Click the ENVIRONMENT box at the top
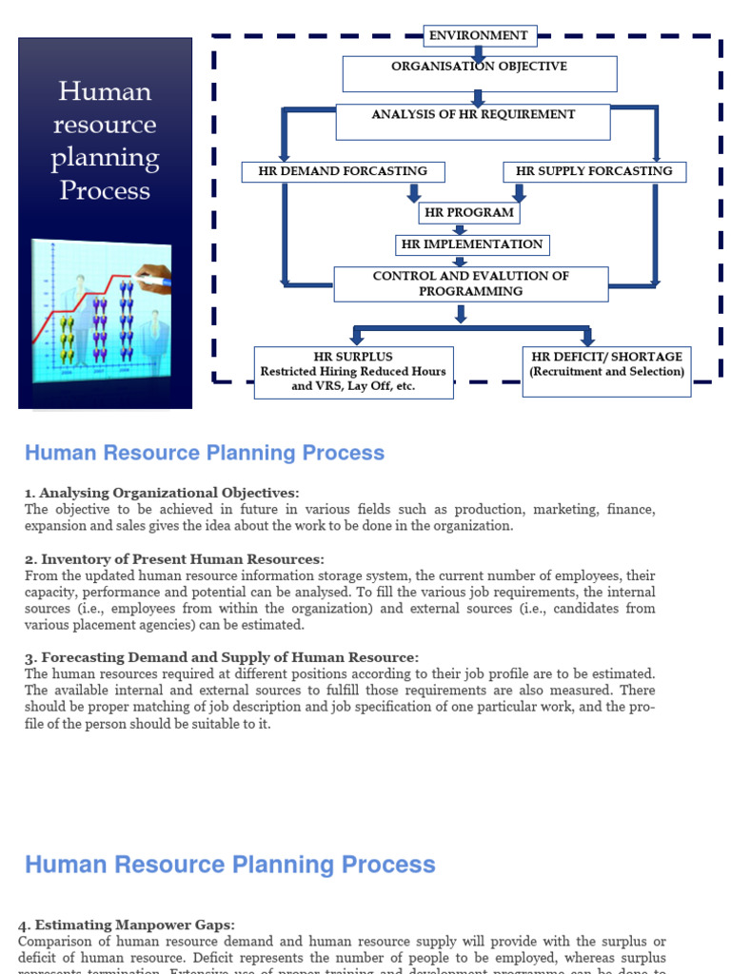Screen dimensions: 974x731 tap(480, 36)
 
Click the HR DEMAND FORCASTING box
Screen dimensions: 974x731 tap(343, 172)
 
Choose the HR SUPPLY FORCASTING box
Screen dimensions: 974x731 tap(594, 172)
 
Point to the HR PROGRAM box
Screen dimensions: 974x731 tap(469, 213)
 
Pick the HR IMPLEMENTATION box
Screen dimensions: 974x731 tap(472, 244)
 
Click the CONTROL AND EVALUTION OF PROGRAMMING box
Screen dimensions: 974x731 tap(470, 283)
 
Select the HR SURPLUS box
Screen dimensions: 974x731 tap(353, 372)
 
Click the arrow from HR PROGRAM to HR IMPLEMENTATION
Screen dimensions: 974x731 tap(460, 229)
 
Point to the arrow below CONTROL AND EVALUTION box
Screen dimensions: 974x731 tap(462, 314)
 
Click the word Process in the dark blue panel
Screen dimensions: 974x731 tap(105, 190)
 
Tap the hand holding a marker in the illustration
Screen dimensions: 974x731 tap(153, 277)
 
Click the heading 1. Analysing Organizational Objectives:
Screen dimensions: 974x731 tap(162, 493)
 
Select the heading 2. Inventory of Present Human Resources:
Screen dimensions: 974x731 tap(174, 559)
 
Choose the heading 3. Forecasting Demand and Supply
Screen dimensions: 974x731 tap(221, 657)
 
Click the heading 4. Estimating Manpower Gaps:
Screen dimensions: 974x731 tap(127, 925)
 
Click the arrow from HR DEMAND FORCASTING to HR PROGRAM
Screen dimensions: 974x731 tap(413, 192)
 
